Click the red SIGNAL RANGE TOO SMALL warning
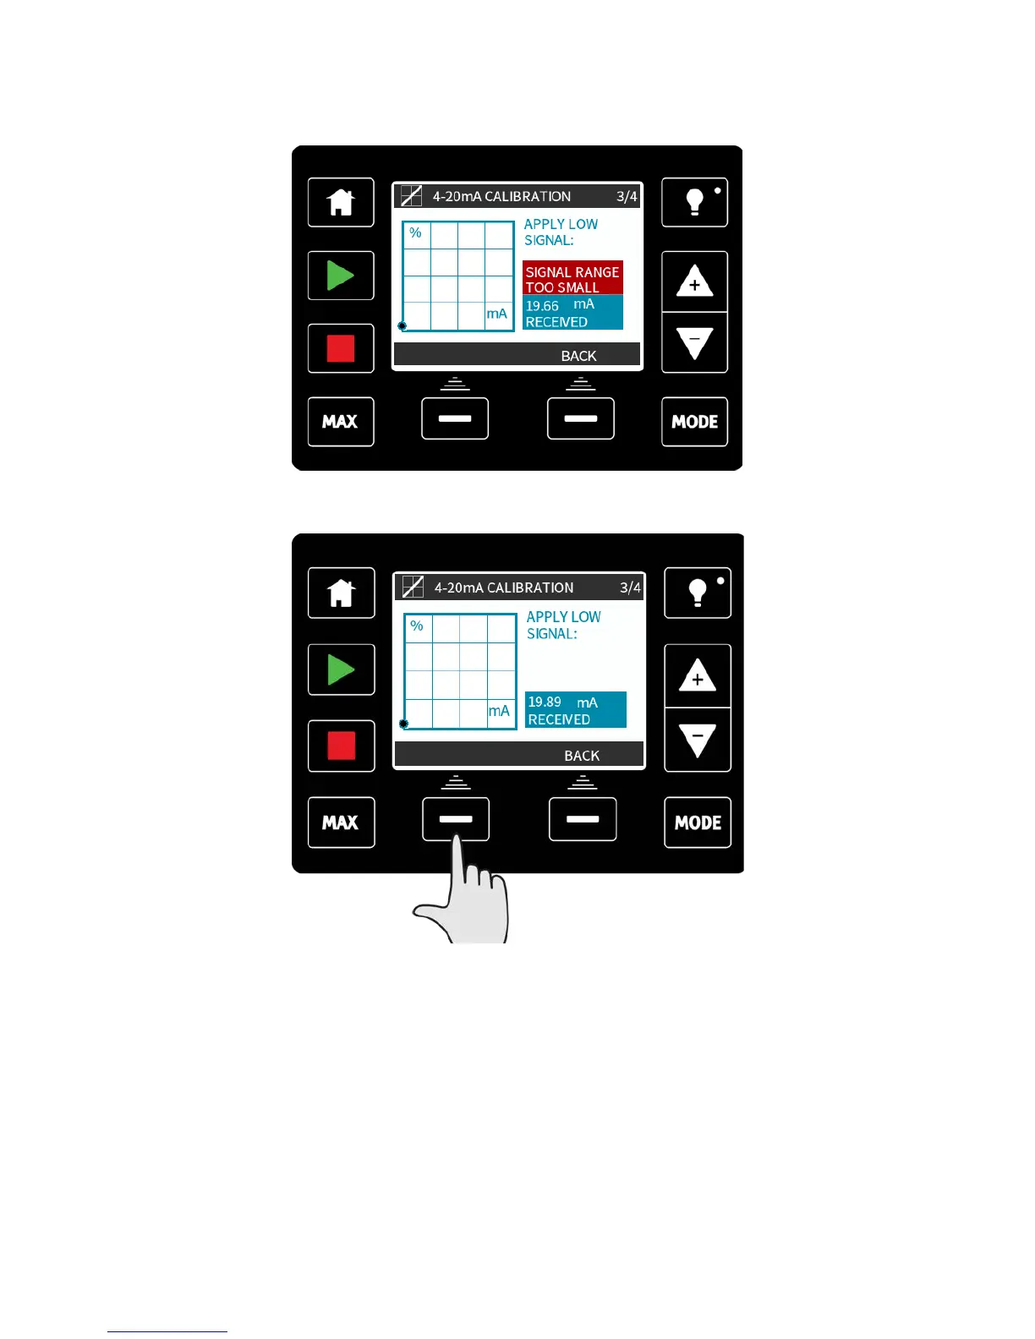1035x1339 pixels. [572, 279]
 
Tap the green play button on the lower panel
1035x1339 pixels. [341, 670]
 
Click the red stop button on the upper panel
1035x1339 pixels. [341, 348]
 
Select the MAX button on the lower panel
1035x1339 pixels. [341, 823]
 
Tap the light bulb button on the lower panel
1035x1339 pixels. [698, 593]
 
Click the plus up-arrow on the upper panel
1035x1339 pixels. [694, 282]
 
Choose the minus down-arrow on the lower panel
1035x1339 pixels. [698, 740]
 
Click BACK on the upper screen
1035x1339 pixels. [578, 356]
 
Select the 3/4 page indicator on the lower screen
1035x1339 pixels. [630, 588]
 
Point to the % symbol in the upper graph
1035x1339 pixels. [415, 232]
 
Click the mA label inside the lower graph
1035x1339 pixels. [499, 711]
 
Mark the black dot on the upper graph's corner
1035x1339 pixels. [402, 325]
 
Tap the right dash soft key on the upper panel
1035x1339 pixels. [581, 418]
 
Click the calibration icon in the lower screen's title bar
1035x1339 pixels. [413, 587]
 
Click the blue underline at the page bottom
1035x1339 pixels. [167, 1331]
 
